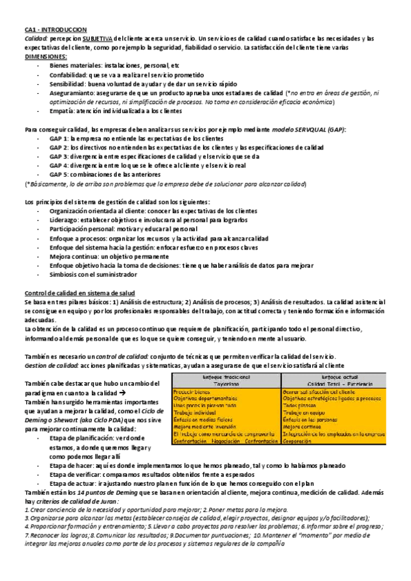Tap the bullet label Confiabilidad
(70, 74)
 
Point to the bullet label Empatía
(62, 110)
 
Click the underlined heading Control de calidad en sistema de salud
(84, 293)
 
